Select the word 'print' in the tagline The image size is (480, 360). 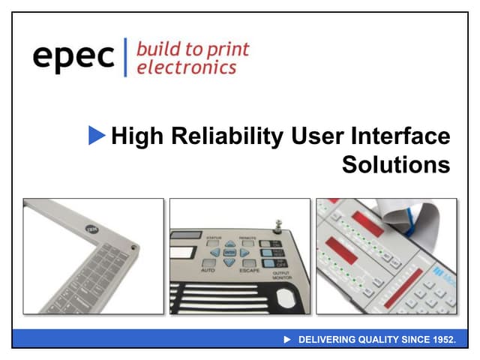[x=227, y=49]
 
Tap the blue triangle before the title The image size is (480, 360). [x=97, y=136]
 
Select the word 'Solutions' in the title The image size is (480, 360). [x=396, y=164]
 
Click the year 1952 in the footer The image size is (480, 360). [x=442, y=340]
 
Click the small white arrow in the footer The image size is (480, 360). [x=286, y=340]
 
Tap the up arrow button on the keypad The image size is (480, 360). [x=229, y=243]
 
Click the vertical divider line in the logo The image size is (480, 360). [x=125, y=57]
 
